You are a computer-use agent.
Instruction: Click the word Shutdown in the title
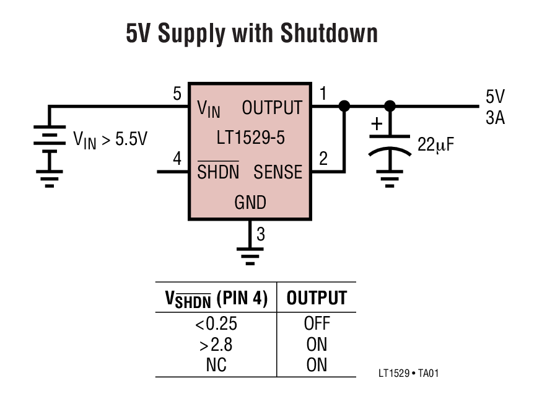(x=328, y=34)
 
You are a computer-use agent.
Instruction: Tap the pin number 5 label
(x=177, y=94)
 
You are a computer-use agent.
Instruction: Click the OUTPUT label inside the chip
(x=272, y=108)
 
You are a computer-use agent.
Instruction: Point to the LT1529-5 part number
(x=250, y=138)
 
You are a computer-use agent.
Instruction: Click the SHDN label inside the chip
(x=218, y=172)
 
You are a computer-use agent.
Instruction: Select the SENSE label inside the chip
(x=278, y=172)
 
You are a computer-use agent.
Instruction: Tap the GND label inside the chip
(x=250, y=203)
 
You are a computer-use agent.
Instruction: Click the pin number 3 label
(x=261, y=234)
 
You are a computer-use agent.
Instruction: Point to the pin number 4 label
(x=177, y=159)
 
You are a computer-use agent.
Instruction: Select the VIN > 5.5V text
(x=110, y=139)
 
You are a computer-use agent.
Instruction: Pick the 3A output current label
(x=495, y=117)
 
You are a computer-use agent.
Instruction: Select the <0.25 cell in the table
(x=216, y=324)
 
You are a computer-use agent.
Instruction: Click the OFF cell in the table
(x=317, y=324)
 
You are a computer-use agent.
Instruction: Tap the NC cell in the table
(x=216, y=365)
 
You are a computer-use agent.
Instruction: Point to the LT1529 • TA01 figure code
(x=409, y=373)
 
